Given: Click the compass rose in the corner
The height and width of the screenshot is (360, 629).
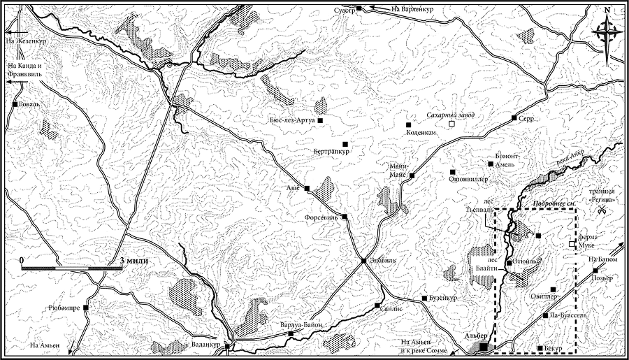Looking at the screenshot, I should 607,30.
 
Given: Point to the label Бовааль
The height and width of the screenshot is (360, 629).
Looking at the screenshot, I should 31,105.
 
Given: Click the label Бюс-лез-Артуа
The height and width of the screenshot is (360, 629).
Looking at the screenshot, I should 292,121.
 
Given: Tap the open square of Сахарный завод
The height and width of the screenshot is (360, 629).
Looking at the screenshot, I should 452,124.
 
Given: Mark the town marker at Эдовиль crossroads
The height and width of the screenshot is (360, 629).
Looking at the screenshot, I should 363,261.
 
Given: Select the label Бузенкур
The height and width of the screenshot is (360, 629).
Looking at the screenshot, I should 443,298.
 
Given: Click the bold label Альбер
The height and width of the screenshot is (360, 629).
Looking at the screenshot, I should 475,336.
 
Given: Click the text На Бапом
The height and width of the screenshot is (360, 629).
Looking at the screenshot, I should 604,259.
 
